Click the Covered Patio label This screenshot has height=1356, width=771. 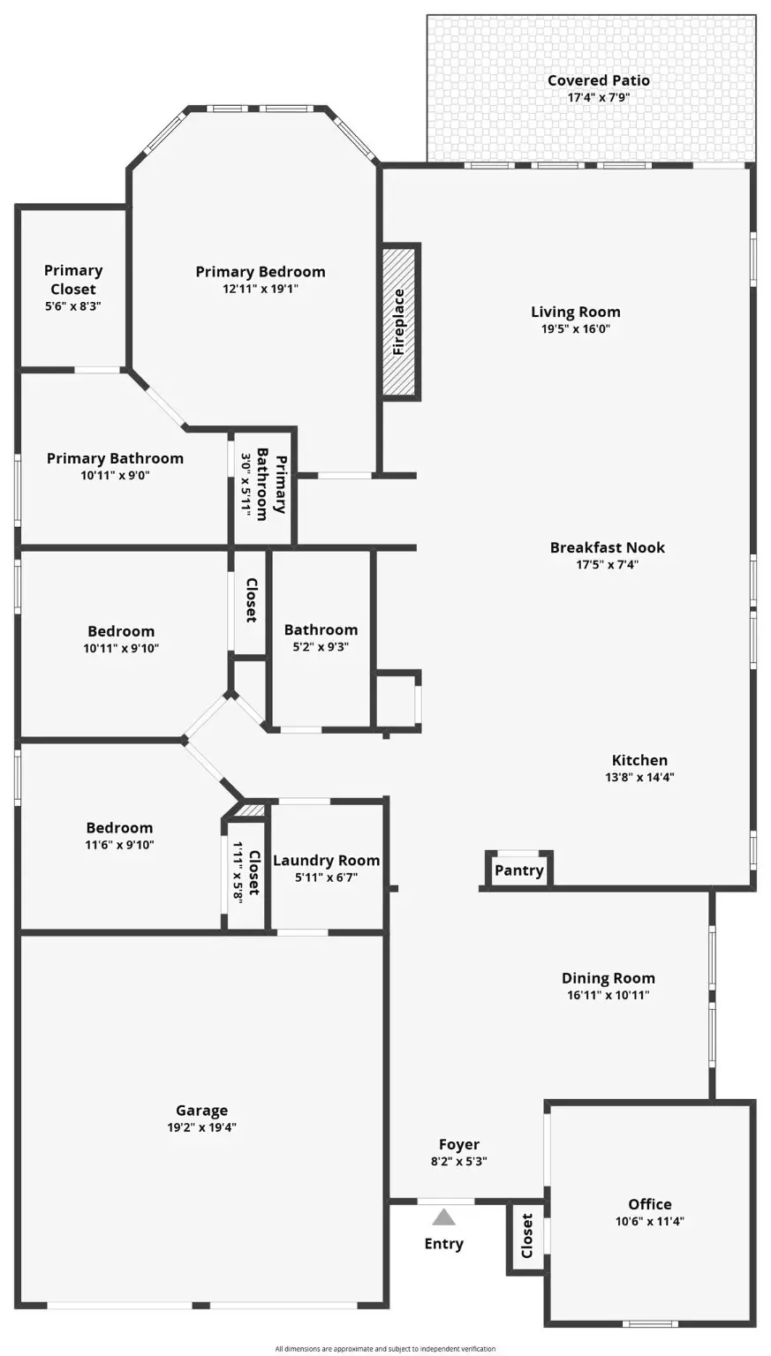click(x=598, y=80)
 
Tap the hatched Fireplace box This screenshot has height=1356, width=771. click(x=399, y=321)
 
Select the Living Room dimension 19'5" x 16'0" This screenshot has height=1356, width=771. click(x=575, y=329)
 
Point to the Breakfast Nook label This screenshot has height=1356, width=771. click(x=607, y=547)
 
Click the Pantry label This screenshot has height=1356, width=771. click(x=518, y=870)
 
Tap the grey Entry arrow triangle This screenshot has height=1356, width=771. click(x=443, y=1218)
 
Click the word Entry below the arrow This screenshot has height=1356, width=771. click(x=443, y=1244)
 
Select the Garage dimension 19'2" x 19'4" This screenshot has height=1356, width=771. click(x=201, y=1127)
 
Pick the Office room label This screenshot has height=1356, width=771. click(x=649, y=1204)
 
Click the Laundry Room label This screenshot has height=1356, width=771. click(x=326, y=861)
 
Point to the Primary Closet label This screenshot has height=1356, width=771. click(x=73, y=280)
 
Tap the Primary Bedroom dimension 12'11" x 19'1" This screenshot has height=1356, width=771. click(x=260, y=289)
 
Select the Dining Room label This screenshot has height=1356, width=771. click(x=608, y=978)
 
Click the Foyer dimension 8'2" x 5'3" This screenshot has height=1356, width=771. click(x=458, y=1162)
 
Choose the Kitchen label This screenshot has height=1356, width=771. click(x=639, y=760)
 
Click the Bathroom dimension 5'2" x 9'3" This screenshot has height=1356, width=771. click(x=321, y=646)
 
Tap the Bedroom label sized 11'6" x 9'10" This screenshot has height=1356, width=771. click(x=119, y=828)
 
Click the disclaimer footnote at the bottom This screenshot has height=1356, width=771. click(x=385, y=1348)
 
